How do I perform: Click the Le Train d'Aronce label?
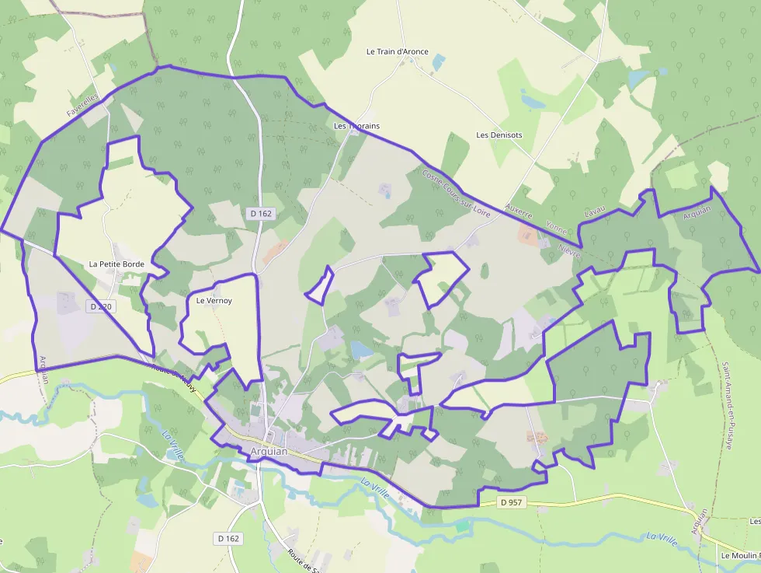[x=397, y=52]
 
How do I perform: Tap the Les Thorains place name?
[x=356, y=126]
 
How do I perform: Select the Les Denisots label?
[x=499, y=135]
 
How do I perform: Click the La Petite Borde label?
[x=116, y=264]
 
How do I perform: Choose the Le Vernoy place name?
[x=214, y=300]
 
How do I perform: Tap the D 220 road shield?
[x=100, y=307]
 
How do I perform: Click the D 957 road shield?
[x=512, y=502]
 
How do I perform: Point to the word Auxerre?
[x=518, y=212]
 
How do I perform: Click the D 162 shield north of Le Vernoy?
[x=262, y=213]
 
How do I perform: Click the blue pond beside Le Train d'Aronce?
[x=439, y=61]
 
